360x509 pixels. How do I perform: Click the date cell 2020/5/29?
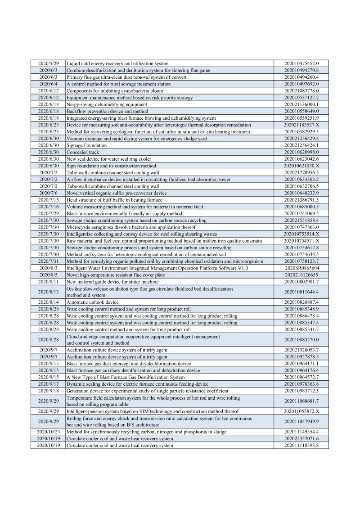(48, 63)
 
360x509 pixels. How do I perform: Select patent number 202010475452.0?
(301, 63)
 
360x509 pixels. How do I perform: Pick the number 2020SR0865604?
(301, 268)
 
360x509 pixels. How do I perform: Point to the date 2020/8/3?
(48, 268)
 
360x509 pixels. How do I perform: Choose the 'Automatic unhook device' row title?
(92, 302)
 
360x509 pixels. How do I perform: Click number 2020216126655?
(301, 275)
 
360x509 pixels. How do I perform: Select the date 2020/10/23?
(48, 432)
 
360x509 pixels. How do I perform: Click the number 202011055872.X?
(301, 411)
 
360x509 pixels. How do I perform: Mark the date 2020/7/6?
(48, 193)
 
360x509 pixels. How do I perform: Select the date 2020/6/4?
(48, 84)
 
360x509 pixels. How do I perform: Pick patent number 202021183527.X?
(301, 125)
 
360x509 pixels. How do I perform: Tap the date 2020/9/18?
(48, 391)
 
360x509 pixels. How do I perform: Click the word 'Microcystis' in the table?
(77, 227)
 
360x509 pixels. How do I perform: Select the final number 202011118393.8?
(301, 445)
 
